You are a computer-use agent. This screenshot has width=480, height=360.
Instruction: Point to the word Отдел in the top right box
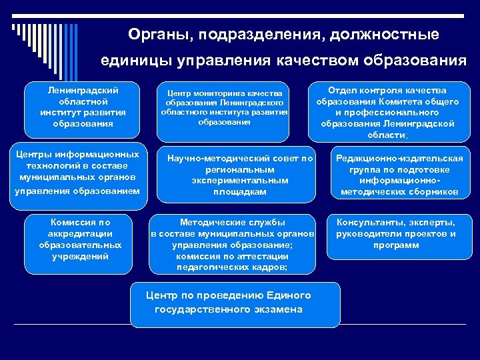tap(345, 91)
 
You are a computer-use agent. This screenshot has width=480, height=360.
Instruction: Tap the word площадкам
tap(239, 191)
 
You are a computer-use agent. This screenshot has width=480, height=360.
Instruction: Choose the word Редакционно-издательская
tap(399, 159)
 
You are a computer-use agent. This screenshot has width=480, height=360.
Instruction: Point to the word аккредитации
tap(81, 234)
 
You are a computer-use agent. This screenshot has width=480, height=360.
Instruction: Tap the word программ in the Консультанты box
tap(396, 245)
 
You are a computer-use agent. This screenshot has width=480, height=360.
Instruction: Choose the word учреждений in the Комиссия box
tap(81, 256)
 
